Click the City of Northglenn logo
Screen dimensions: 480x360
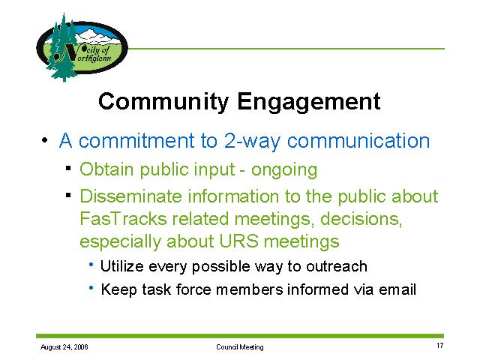pyautogui.click(x=82, y=47)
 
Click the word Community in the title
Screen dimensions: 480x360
pyautogui.click(x=163, y=102)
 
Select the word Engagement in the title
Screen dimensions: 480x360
pyautogui.click(x=308, y=103)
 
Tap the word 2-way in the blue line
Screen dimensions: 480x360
pyautogui.click(x=252, y=141)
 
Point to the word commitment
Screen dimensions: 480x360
pyautogui.click(x=136, y=141)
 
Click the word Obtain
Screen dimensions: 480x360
pyautogui.click(x=106, y=169)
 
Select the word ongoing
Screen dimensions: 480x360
pyautogui.click(x=284, y=171)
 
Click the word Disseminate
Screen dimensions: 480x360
pyautogui.click(x=130, y=196)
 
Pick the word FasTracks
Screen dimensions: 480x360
pyautogui.click(x=123, y=218)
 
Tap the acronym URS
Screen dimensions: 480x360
pyautogui.click(x=238, y=241)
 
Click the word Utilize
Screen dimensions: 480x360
pyautogui.click(x=121, y=266)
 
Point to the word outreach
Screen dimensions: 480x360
pyautogui.click(x=337, y=266)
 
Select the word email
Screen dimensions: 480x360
pyautogui.click(x=397, y=289)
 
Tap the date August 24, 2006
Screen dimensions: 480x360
pyautogui.click(x=64, y=347)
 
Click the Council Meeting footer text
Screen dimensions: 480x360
pyautogui.click(x=240, y=347)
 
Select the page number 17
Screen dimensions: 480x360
pyautogui.click(x=440, y=346)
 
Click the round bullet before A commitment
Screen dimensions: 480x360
pyautogui.click(x=45, y=140)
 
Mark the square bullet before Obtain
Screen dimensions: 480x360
pyautogui.click(x=68, y=168)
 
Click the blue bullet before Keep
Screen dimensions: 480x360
pyautogui.click(x=91, y=287)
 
